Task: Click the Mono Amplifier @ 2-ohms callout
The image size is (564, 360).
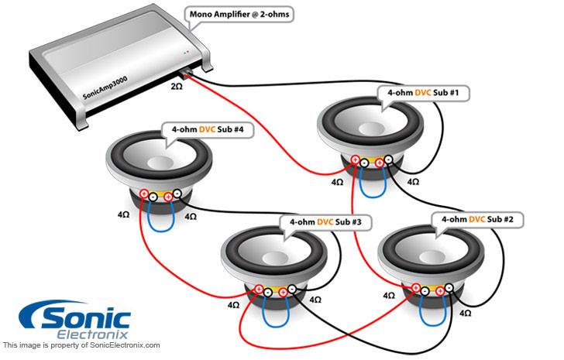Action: point(239,15)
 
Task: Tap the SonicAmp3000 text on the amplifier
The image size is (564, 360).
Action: point(105,87)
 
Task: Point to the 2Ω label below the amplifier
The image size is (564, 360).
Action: point(177,86)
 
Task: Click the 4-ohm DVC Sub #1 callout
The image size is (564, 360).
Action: point(423,93)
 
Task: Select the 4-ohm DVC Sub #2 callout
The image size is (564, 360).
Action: point(477,219)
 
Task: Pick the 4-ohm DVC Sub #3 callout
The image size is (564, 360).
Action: point(325,222)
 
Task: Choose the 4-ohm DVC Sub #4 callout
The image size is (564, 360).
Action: point(208,129)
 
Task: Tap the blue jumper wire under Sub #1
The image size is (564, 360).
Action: point(373,187)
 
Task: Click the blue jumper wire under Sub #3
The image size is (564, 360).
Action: point(276,316)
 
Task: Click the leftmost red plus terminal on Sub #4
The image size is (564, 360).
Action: point(144,194)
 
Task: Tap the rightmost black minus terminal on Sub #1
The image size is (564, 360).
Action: point(388,159)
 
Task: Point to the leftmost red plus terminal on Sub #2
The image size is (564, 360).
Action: point(416,287)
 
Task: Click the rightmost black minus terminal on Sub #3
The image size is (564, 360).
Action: point(292,289)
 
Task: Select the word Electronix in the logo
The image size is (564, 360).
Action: point(92,335)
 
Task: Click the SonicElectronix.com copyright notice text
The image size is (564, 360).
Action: point(81,345)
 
